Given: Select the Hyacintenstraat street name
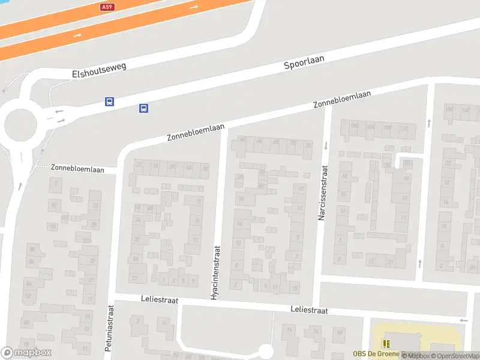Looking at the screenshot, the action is pos(215,272).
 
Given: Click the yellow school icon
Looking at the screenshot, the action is pos(386,344).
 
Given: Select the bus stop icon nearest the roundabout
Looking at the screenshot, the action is pos(109,102).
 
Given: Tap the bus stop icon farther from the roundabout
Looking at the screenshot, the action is pos(144,108).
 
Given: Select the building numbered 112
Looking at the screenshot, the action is pos(404,128).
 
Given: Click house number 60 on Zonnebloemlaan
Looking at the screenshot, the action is pos(243,140).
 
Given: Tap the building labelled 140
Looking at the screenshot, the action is pos(465,109).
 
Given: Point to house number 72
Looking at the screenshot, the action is pos(292,143).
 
